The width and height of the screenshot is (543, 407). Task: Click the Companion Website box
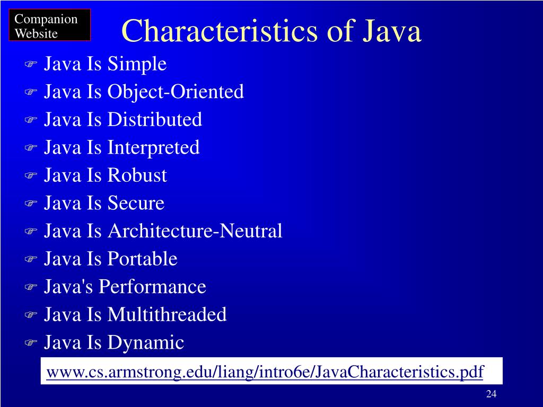click(50, 26)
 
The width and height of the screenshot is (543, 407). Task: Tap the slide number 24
click(491, 394)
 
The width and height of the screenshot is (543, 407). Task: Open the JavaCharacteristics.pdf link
click(265, 372)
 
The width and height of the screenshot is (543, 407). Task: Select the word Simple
click(137, 65)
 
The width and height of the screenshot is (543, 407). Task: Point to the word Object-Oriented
click(176, 92)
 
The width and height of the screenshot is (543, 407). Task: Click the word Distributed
click(155, 120)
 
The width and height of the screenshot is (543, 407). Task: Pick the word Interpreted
click(154, 148)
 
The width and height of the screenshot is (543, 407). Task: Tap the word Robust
click(137, 175)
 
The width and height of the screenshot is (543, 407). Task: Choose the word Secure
click(136, 203)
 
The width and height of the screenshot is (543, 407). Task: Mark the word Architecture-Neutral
click(195, 231)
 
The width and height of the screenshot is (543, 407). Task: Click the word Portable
click(142, 259)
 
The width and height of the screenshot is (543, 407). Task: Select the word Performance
click(152, 287)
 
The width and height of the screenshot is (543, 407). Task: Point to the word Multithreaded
click(167, 315)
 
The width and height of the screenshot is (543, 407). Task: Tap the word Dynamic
click(146, 343)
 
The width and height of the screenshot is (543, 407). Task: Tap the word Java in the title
click(392, 32)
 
